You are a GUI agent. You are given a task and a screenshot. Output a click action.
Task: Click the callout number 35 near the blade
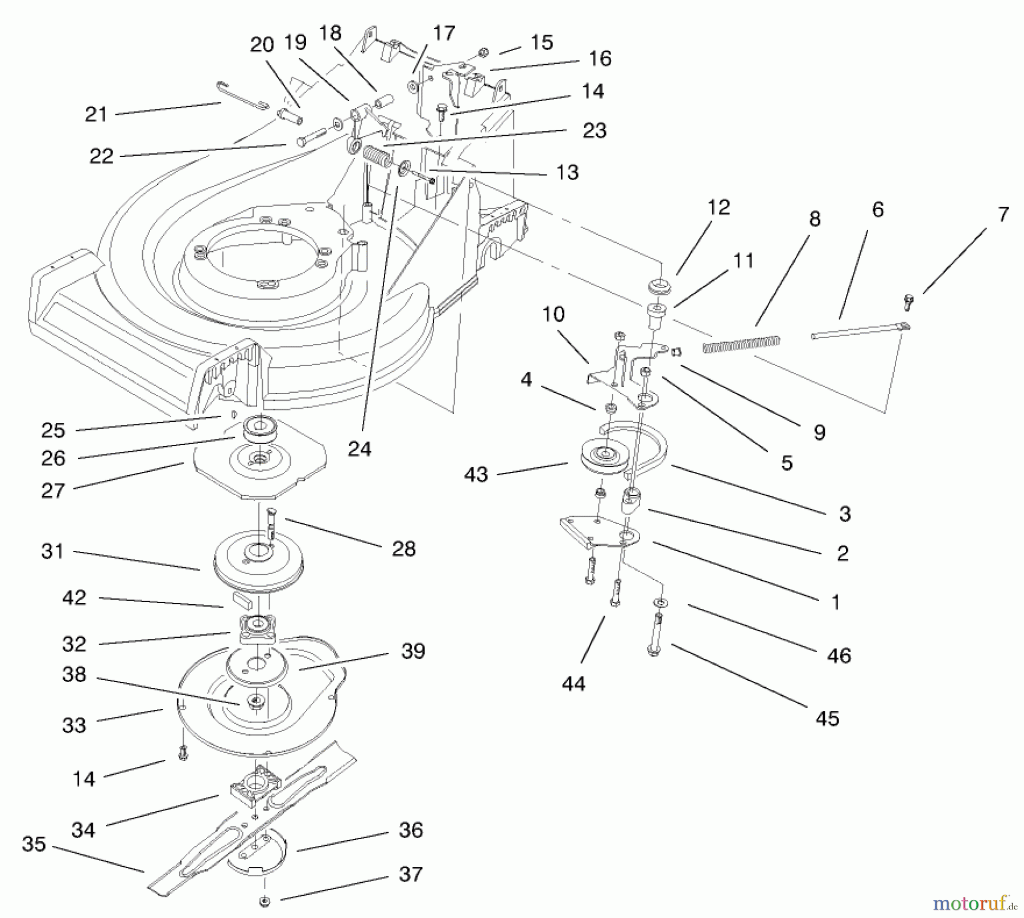(x=34, y=844)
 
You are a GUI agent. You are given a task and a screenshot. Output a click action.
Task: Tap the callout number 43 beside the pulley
(x=476, y=475)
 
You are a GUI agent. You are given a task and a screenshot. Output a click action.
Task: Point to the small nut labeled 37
(x=265, y=901)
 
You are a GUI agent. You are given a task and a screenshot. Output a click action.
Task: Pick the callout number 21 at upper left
(x=96, y=114)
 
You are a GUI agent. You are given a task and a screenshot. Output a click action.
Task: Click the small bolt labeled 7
(x=909, y=301)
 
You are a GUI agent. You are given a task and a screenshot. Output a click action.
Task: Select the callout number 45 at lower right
(x=827, y=718)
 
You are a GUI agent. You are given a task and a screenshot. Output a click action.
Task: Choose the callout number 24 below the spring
(x=360, y=449)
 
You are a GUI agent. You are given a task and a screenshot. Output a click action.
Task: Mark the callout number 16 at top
(x=601, y=59)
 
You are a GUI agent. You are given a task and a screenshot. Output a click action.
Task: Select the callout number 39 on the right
(x=413, y=651)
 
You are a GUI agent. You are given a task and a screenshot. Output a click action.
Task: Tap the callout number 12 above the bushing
(x=719, y=207)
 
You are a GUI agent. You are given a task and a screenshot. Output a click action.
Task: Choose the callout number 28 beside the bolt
(x=404, y=549)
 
